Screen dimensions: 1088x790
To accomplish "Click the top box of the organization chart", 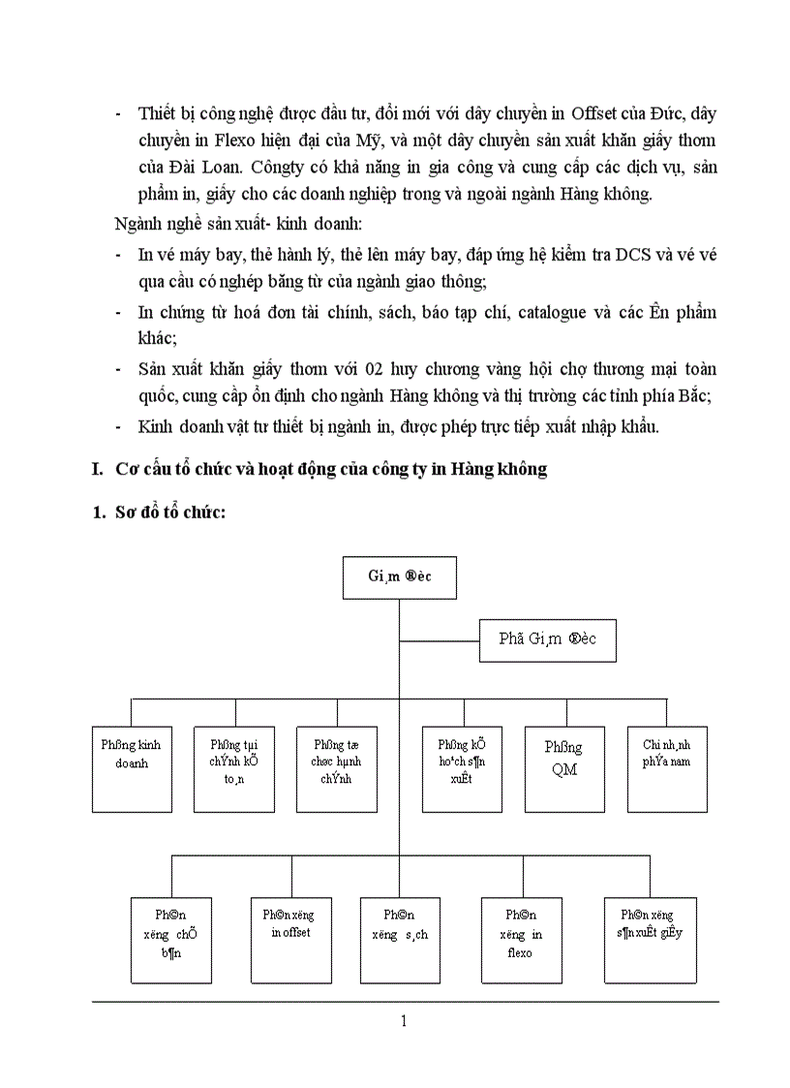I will pos(399,576).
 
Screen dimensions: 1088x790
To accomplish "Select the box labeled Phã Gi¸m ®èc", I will pos(548,639).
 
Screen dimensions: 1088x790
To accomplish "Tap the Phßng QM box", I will pos(563,769).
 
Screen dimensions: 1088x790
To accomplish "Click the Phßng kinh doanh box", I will pos(132,769).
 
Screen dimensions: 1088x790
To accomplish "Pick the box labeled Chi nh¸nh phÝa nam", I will pos(667,769).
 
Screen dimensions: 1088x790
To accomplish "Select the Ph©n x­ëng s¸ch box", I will pos(399,940).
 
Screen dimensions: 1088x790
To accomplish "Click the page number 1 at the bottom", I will pos(404,1020).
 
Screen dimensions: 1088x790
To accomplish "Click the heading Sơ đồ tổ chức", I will pos(170,512).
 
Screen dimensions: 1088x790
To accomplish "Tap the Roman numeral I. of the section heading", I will pos(97,469).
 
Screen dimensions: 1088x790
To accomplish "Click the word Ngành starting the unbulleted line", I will pos(137,226).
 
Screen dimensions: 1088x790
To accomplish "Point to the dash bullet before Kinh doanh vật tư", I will pos(117,426).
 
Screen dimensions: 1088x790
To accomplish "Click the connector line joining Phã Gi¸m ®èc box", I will pos(441,640).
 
